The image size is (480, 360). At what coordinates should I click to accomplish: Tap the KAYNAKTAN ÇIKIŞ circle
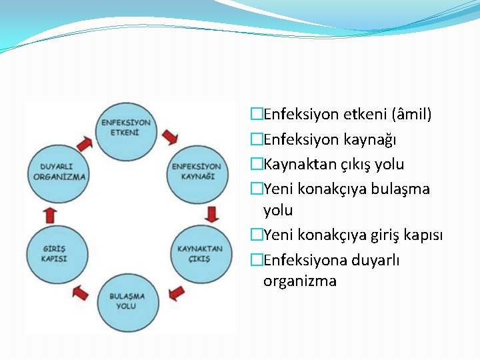[199, 253]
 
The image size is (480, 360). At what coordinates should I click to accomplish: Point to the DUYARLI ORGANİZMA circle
[60, 172]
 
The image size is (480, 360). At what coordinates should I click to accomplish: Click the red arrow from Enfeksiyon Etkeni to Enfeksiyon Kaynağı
[170, 137]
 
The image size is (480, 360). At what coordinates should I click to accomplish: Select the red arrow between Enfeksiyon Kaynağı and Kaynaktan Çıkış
[212, 214]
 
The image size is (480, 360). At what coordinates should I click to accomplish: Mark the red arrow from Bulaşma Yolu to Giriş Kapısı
[81, 292]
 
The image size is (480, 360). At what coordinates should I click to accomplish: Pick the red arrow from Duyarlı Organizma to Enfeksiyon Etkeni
[85, 143]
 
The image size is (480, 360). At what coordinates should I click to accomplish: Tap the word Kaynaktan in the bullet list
[292, 164]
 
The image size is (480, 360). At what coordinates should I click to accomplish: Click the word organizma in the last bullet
[299, 281]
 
